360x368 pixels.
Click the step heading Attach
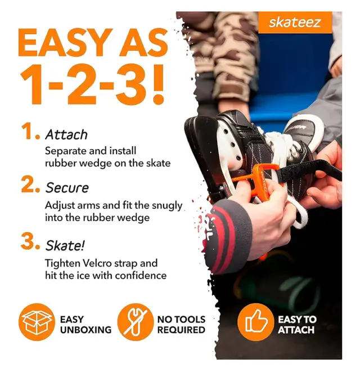tap(66, 134)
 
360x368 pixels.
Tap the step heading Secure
tap(67, 187)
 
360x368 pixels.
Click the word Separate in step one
tap(66, 151)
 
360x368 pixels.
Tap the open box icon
tap(37, 322)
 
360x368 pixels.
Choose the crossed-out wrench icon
tap(134, 322)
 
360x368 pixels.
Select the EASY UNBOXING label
tap(85, 324)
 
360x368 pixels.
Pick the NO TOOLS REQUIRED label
tap(181, 324)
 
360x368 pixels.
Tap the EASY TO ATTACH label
tap(296, 324)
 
